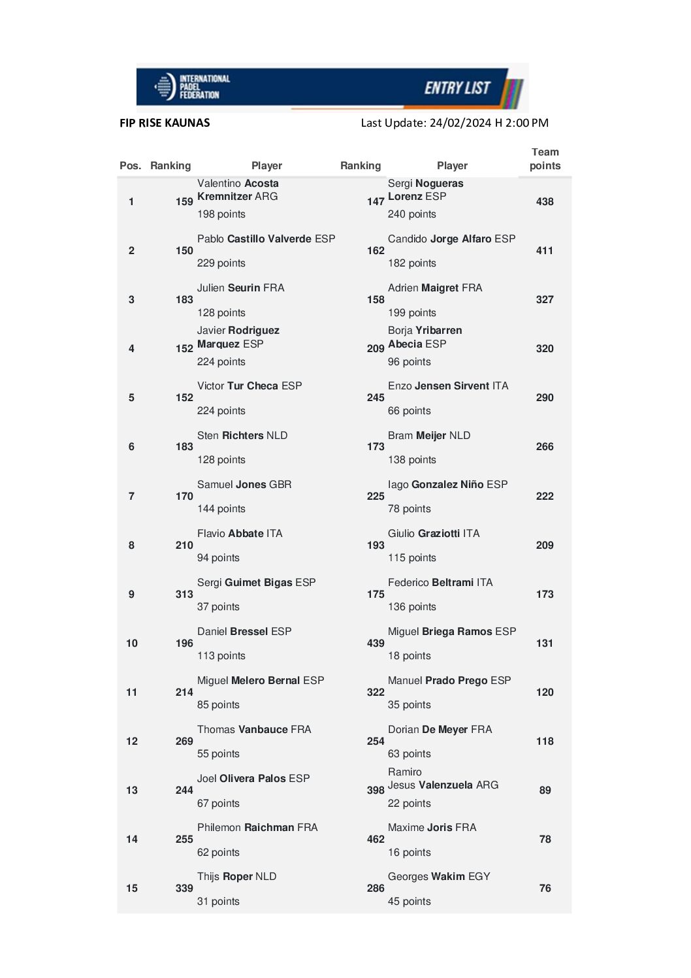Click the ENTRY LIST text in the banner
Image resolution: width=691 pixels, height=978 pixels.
tap(457, 88)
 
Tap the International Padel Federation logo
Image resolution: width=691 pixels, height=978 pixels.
tap(192, 87)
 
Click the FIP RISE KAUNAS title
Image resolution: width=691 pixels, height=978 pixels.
tap(165, 123)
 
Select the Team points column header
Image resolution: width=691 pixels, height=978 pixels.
tap(545, 159)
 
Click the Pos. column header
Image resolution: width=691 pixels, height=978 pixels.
tap(131, 166)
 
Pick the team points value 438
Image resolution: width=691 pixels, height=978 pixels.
tap(545, 202)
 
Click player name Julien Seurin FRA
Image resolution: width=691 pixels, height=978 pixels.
tap(240, 288)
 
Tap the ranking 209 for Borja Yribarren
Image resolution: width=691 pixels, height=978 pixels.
tap(376, 349)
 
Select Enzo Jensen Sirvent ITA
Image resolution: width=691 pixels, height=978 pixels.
tap(448, 386)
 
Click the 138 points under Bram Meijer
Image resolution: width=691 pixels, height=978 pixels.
tap(411, 460)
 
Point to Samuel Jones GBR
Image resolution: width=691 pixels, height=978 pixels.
tap(244, 485)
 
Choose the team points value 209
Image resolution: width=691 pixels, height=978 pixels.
tap(545, 546)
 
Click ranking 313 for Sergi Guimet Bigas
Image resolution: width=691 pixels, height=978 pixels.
tap(184, 595)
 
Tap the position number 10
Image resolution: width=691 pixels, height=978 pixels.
tap(132, 644)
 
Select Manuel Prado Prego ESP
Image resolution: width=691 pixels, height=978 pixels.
tap(449, 681)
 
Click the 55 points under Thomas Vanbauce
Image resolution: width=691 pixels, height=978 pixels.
tap(218, 754)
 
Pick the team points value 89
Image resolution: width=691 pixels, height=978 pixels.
tap(545, 791)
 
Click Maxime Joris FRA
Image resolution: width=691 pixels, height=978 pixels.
tap(432, 828)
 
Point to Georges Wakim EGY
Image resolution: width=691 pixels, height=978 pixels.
tap(439, 877)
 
